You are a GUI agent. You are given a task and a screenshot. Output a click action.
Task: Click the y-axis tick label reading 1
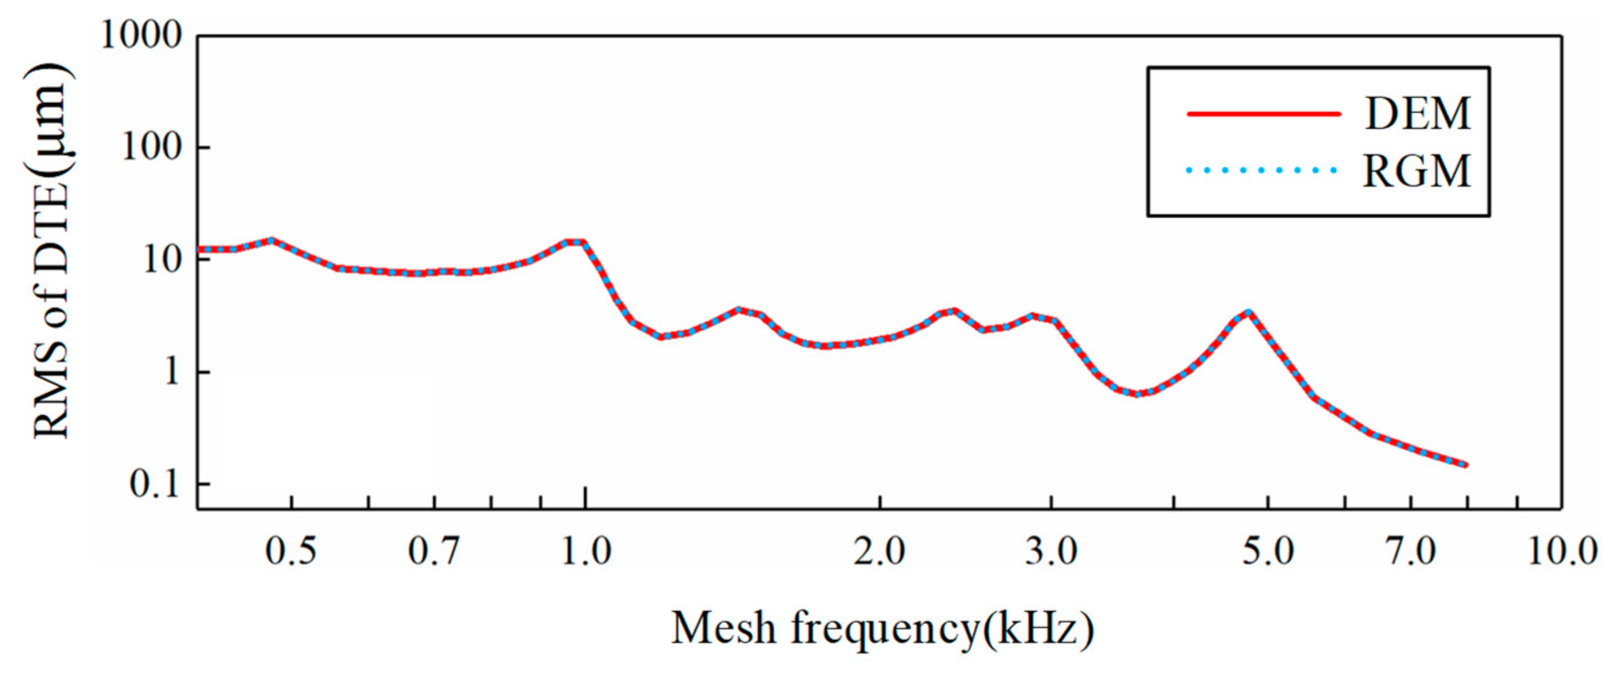pos(171,372)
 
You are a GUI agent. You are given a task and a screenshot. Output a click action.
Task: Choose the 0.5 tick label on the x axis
pos(291,552)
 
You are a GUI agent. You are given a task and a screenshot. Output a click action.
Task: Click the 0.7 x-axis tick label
pos(434,552)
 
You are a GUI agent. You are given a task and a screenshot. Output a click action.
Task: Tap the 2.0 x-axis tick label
pos(880,552)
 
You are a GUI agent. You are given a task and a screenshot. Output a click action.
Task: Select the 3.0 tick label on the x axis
pos(1052,552)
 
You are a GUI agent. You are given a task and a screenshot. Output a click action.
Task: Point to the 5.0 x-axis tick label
pos(1268,552)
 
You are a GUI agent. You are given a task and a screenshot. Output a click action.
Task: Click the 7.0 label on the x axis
pos(1410,552)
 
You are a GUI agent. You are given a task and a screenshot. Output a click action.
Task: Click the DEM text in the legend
pos(1417,114)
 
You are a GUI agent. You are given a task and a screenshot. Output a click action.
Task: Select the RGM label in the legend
pos(1417,171)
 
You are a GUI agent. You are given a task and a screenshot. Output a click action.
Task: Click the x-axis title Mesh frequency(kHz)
pos(883,629)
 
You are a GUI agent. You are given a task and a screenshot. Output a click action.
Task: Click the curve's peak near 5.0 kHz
pos(1249,311)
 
